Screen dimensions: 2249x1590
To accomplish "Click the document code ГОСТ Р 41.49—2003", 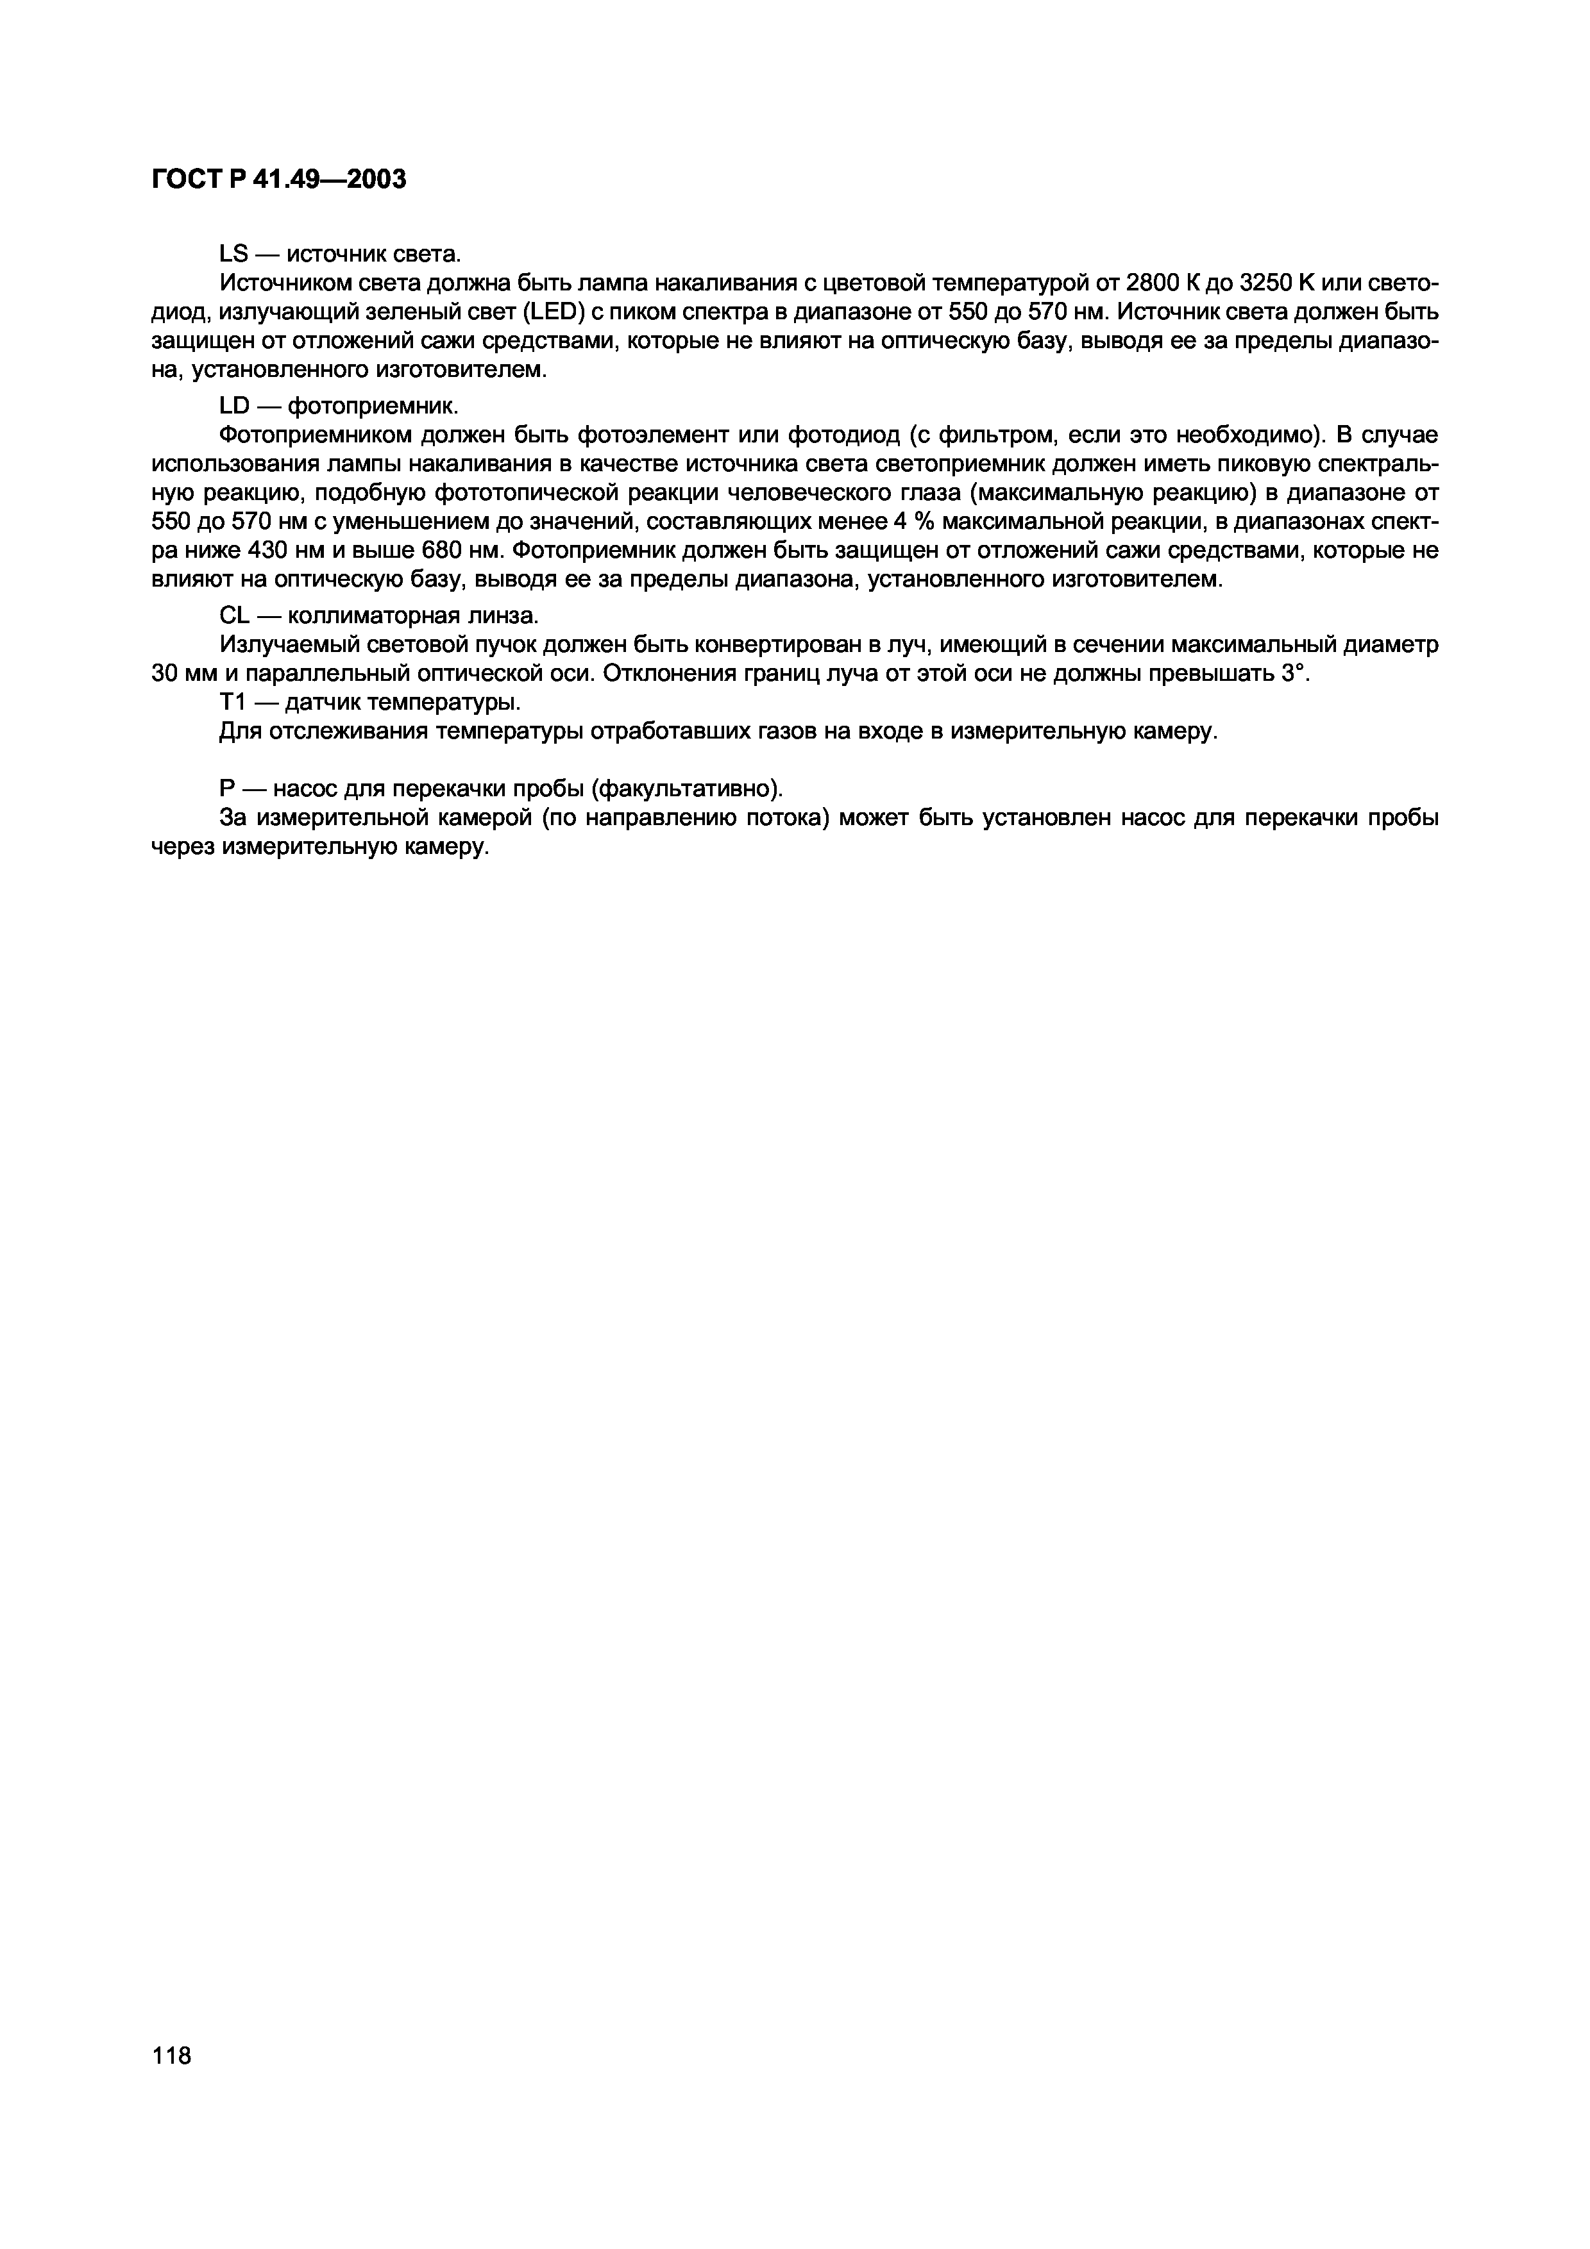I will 278,180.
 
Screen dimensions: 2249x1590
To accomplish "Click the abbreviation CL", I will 233,616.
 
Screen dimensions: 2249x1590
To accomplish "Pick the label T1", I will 232,702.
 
